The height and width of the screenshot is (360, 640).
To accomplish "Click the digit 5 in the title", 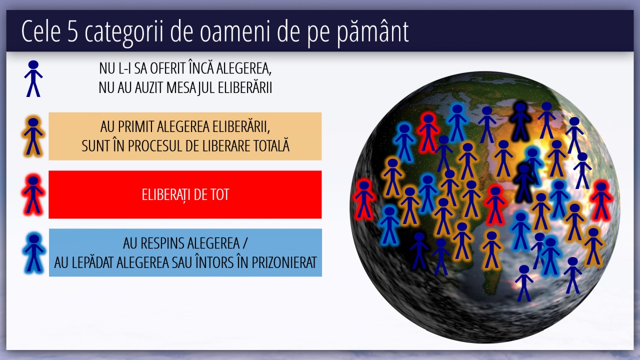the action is pos(73,31).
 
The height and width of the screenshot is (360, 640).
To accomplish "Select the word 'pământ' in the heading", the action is pos(373,32).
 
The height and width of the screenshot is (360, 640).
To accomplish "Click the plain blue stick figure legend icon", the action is pos(33,78).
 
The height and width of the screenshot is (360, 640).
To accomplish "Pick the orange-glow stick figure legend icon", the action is pos(33,136).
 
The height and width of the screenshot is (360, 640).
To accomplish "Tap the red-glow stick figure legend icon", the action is pos(33,194).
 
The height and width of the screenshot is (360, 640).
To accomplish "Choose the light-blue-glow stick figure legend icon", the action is pos(33,253).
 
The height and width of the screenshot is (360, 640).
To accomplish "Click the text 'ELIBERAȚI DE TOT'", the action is pos(185,195).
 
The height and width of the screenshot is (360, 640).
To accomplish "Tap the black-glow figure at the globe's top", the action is pos(520,121).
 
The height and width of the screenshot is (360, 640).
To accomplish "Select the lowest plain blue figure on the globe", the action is pos(524,283).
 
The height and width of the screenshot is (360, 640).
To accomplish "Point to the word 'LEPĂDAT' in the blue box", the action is pos(93,262).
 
